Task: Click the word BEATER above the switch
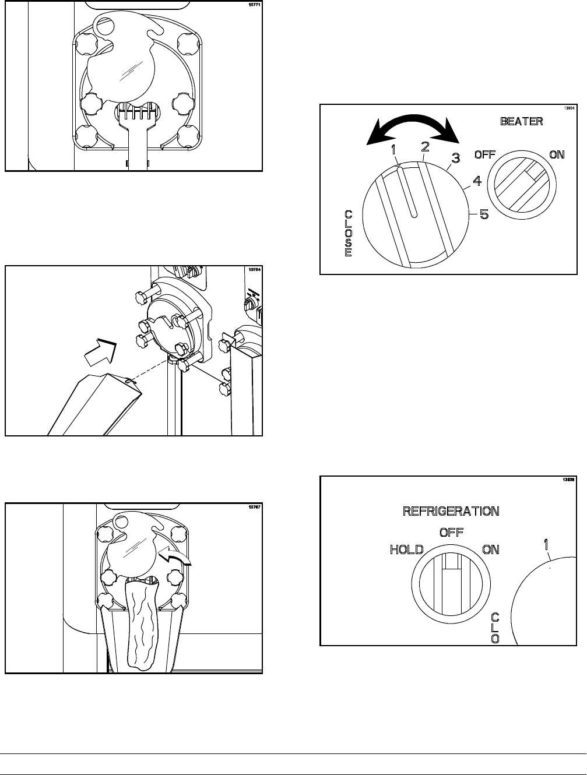tap(522, 121)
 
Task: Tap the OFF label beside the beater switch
tap(485, 155)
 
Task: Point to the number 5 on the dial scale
tap(484, 214)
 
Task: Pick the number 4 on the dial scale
tap(476, 182)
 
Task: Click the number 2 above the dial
tap(425, 145)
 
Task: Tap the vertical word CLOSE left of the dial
tap(348, 233)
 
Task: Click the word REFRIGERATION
tap(451, 511)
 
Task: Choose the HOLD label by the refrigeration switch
tap(406, 549)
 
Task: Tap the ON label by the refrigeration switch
tap(491, 549)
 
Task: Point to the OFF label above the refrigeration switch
tap(450, 533)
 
